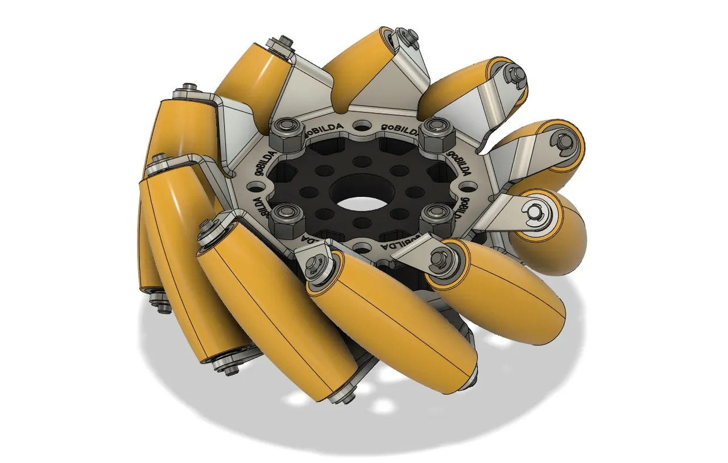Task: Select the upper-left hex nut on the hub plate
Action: (284, 134)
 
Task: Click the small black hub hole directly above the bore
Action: (358, 162)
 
